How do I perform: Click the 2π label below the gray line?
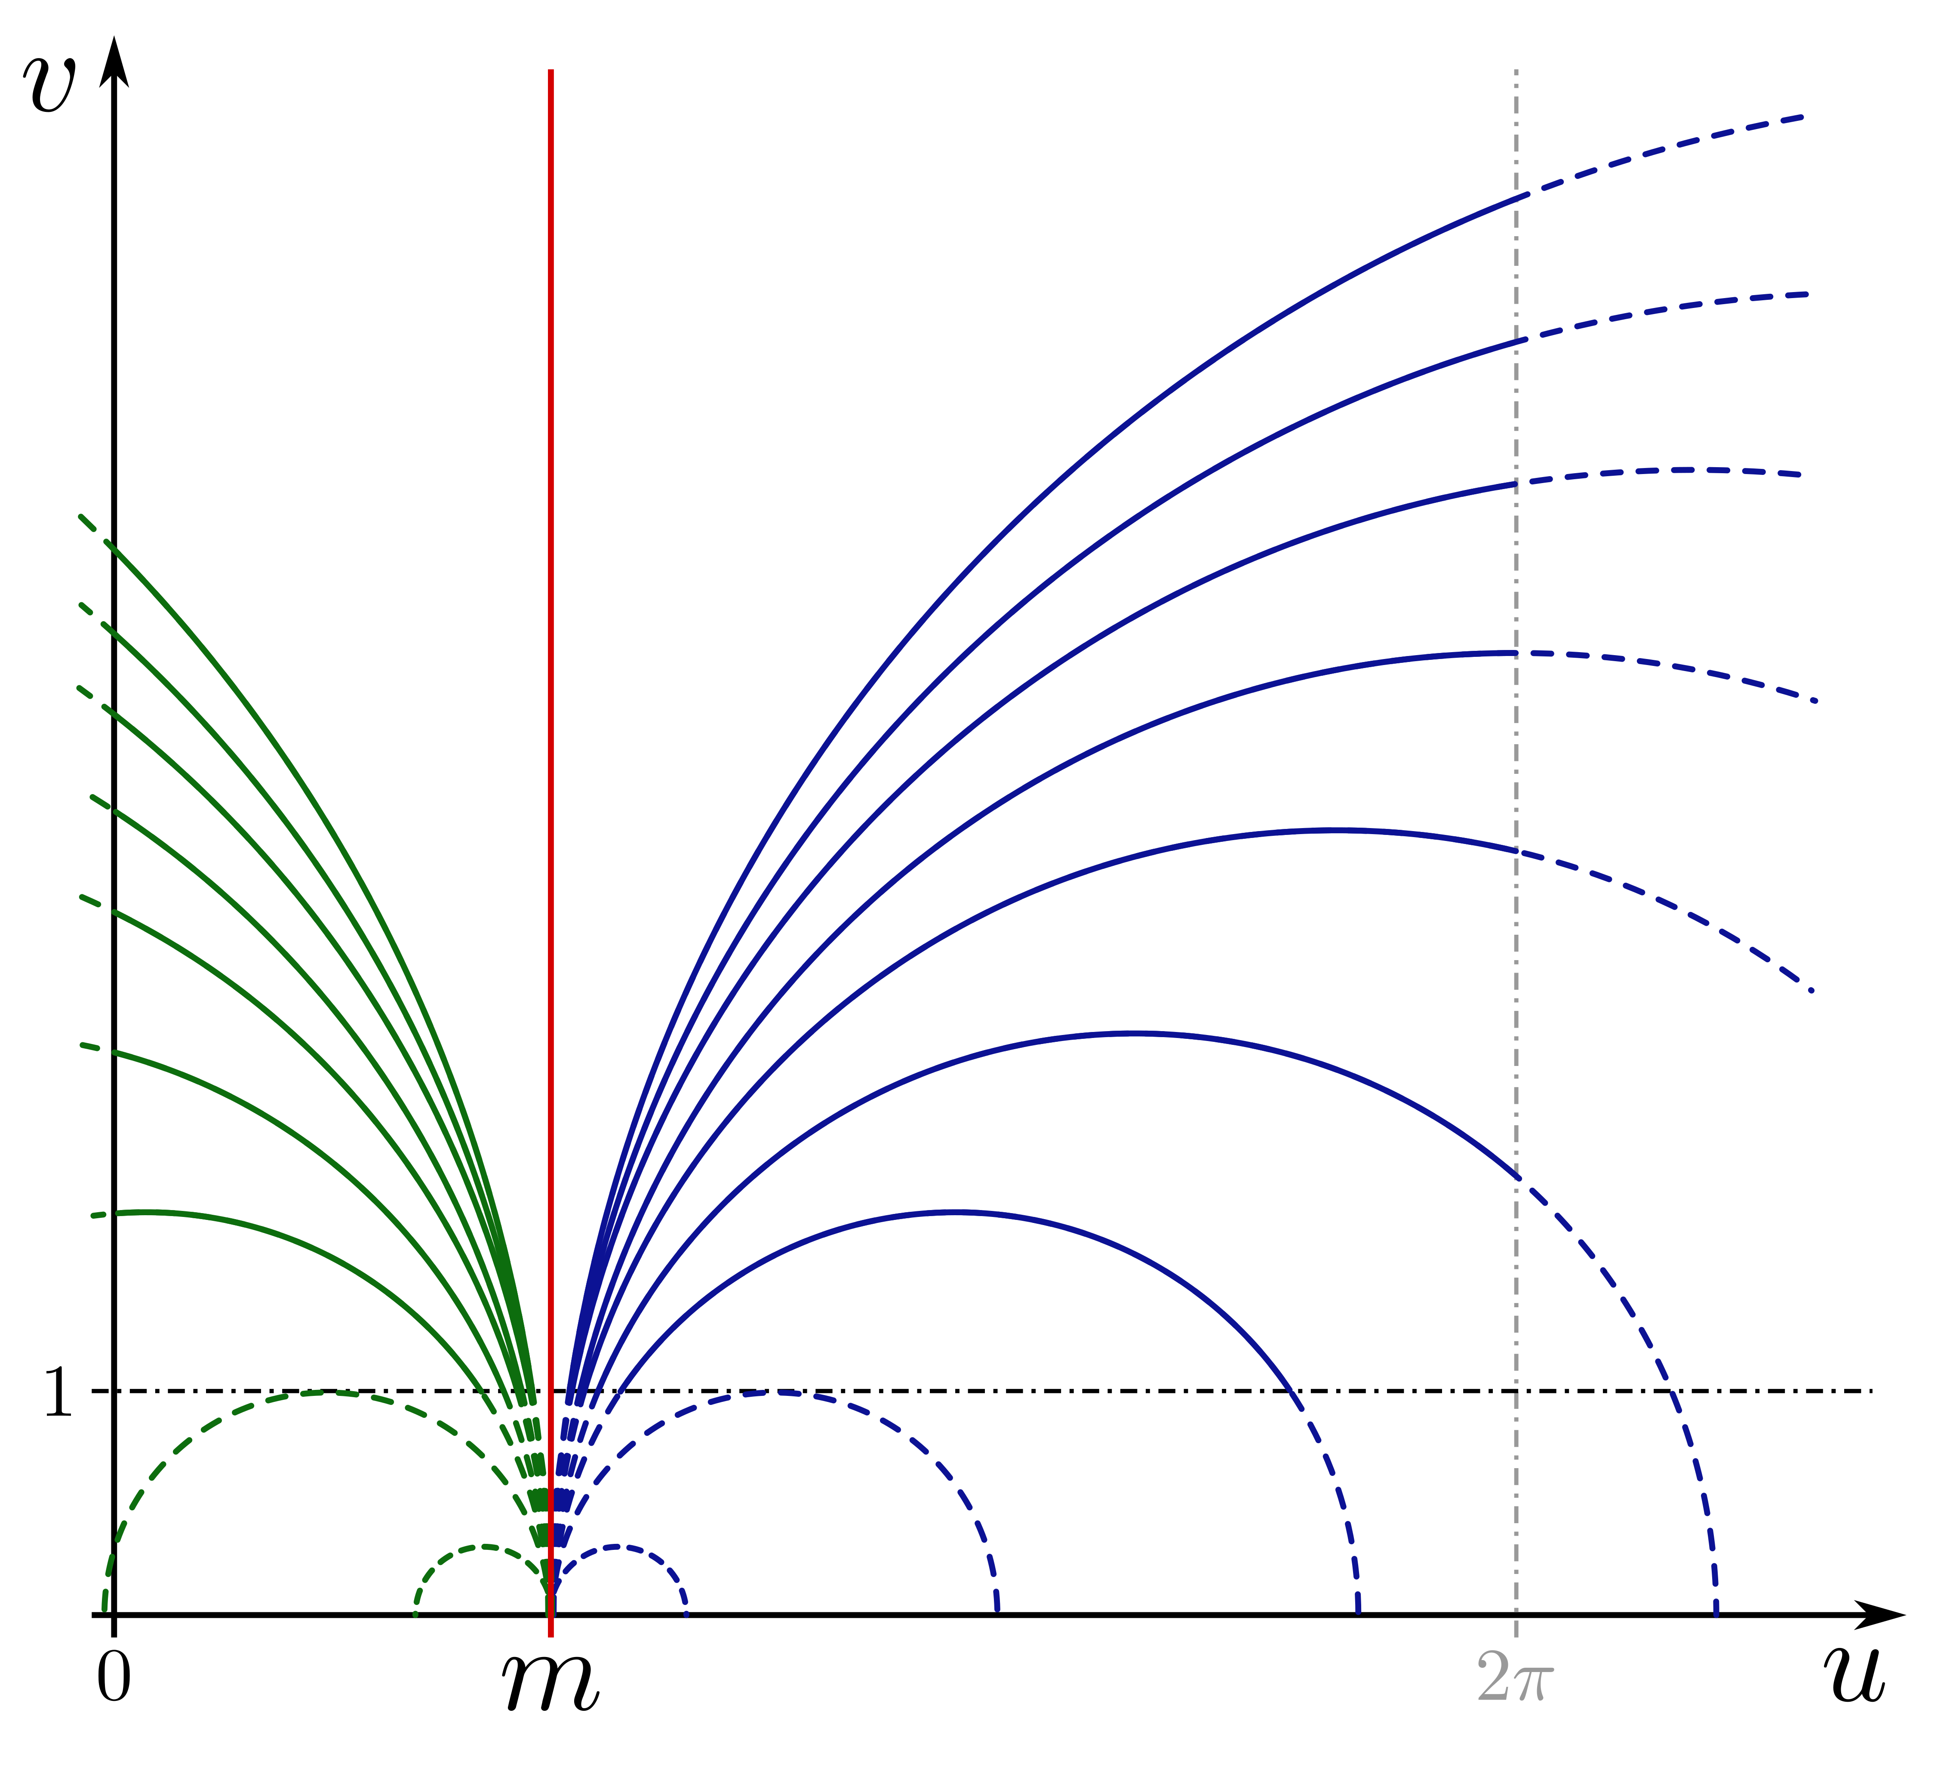click(x=1514, y=1678)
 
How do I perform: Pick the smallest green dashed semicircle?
click(x=481, y=1547)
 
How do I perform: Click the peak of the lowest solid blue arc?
click(x=954, y=1212)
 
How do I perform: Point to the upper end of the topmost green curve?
click(x=80, y=516)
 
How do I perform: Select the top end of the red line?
click(x=550, y=71)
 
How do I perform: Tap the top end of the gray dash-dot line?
click(x=1516, y=71)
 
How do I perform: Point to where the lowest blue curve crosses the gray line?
click(x=1516, y=1177)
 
